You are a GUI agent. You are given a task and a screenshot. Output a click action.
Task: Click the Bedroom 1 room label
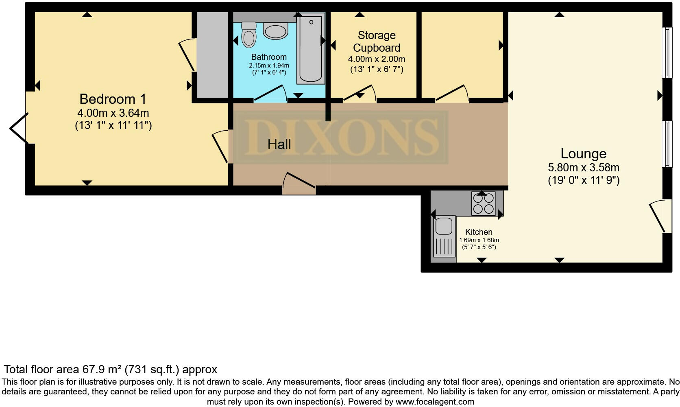113,99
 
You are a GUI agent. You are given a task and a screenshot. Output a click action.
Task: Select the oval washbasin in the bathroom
275,31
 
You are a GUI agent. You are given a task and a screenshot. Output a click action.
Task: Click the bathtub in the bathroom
311,49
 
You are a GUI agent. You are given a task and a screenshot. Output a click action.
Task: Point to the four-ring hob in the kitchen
483,203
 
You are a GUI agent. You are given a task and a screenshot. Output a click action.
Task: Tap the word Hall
279,144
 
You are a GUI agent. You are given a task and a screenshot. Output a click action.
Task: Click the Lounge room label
583,153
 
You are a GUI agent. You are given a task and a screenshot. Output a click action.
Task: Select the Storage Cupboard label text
377,42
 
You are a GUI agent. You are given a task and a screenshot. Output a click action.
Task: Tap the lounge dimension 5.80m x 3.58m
584,167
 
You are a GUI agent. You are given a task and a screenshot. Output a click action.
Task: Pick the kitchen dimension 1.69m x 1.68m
479,240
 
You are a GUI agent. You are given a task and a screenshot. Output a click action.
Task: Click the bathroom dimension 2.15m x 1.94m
269,66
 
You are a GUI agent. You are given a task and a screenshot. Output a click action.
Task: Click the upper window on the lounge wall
666,53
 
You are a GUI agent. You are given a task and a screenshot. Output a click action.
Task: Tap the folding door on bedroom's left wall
18,128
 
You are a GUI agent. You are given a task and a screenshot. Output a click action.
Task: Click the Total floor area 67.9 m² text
110,370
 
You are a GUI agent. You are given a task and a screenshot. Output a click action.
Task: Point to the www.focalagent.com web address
434,402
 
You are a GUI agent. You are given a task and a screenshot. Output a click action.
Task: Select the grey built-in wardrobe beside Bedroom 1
212,55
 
